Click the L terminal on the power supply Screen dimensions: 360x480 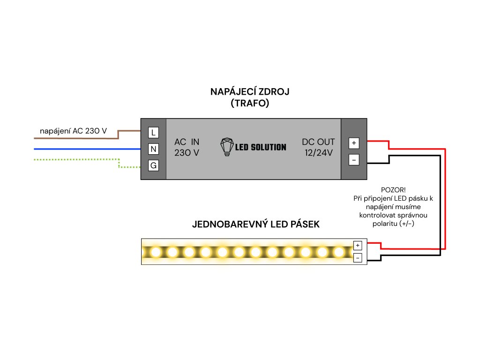(x=153, y=133)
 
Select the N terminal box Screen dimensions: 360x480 (x=153, y=149)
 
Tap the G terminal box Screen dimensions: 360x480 (x=153, y=165)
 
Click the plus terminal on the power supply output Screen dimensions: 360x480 (x=354, y=142)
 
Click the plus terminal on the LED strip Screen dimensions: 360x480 (x=358, y=245)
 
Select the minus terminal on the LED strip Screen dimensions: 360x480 (x=358, y=257)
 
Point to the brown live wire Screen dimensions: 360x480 (x=75, y=138)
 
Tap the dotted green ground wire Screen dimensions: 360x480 (x=75, y=160)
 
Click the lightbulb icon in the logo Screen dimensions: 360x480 (x=227, y=147)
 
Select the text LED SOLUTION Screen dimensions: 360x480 (x=261, y=147)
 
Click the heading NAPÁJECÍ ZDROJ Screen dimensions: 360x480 (x=250, y=91)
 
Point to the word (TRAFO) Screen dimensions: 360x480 (x=250, y=104)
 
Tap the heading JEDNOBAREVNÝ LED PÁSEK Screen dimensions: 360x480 (x=256, y=224)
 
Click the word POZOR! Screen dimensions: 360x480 (x=393, y=190)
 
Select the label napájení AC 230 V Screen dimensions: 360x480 (x=73, y=131)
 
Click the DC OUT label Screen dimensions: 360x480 (x=318, y=142)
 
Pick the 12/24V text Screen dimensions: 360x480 (x=318, y=152)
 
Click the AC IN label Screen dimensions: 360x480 (x=187, y=142)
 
